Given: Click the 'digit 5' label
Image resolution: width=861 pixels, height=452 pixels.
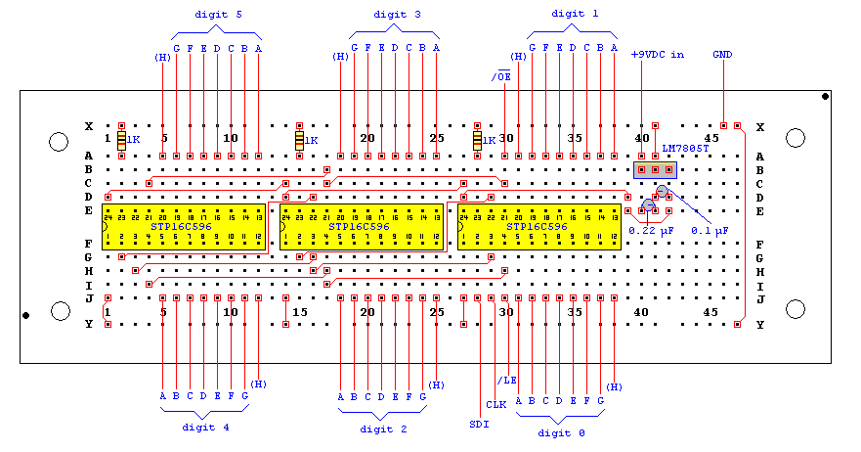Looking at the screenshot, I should pos(218,15).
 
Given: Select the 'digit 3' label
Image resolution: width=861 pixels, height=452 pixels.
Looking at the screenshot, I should pos(397,15).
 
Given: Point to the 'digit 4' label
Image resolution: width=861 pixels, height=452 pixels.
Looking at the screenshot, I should pos(206,427).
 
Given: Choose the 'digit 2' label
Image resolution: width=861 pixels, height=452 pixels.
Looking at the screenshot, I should pos(384,429).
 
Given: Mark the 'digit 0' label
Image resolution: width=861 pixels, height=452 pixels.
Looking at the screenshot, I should pos(562,431).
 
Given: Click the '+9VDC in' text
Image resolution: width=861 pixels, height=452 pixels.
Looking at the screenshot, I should pos(657,55).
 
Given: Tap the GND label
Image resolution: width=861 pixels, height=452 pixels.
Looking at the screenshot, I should pos(722,54).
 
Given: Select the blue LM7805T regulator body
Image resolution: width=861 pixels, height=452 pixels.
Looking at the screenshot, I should pos(655,170).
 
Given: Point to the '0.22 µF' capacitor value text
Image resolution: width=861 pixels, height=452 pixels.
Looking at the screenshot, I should pos(651,230).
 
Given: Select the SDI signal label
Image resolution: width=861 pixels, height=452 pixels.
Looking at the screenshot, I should pos(479,424).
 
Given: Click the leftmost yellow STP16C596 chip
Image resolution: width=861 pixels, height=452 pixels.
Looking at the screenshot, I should pos(184,226).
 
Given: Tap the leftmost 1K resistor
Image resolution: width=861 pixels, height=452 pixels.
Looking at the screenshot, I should pos(121,142).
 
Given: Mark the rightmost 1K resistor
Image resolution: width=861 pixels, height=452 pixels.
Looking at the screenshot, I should pos(477,142).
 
